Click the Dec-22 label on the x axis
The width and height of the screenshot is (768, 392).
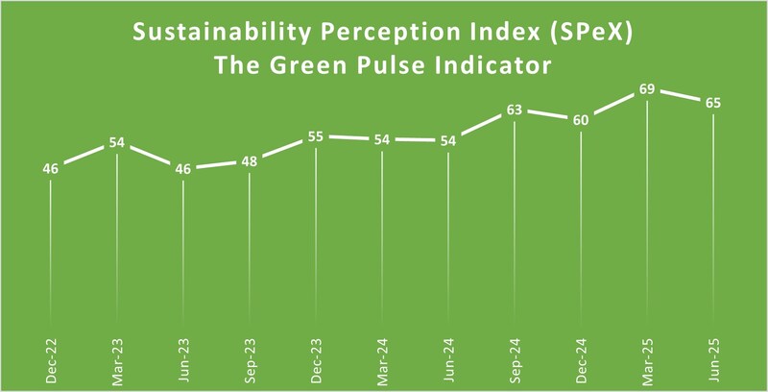coord(50,358)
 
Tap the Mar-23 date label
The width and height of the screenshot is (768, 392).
coord(116,358)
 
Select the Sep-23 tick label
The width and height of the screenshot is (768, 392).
coord(250,358)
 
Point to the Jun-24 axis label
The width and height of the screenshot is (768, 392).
coord(449,358)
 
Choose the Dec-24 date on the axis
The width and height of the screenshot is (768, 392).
coord(583,358)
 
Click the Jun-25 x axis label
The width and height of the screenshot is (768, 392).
coord(715,358)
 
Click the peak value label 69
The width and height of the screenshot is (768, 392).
coord(649,89)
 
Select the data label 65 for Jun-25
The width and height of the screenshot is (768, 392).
coord(713,103)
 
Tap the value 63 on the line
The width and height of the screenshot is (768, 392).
coord(514,110)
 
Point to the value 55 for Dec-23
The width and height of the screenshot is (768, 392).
coord(316,136)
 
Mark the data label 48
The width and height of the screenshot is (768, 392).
coord(250,161)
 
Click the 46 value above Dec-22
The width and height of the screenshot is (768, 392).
coord(50,169)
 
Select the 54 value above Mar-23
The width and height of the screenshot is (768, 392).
coord(116,142)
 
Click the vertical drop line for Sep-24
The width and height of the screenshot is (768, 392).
coord(516,221)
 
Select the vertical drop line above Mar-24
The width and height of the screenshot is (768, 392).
coord(382,240)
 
